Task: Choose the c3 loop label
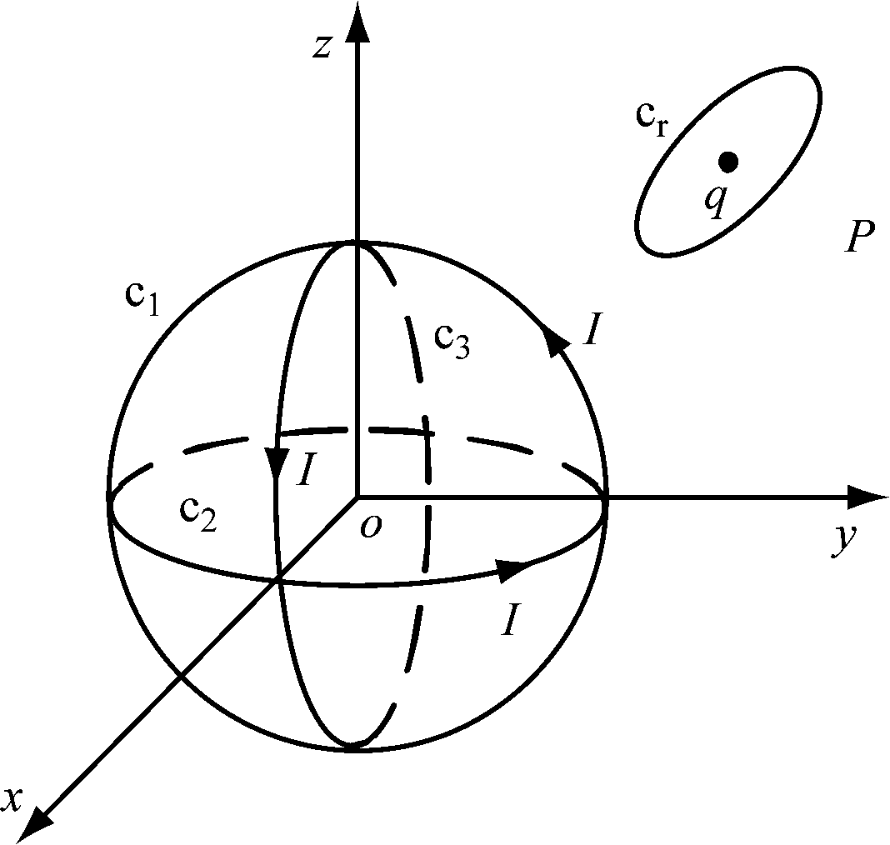pyautogui.click(x=452, y=340)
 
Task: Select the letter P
pyautogui.click(x=857, y=240)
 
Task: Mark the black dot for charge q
pyautogui.click(x=728, y=161)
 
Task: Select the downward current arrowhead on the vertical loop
pyautogui.click(x=276, y=462)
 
